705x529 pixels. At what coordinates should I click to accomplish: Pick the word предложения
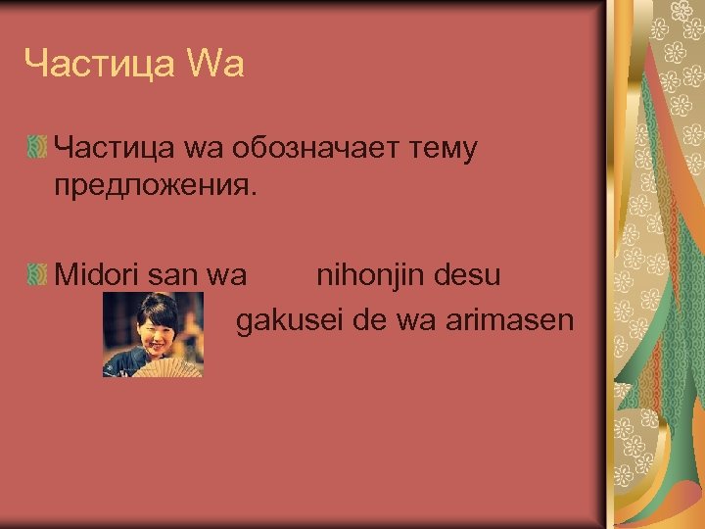pyautogui.click(x=156, y=185)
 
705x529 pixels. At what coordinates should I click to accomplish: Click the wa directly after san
pyautogui.click(x=227, y=275)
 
